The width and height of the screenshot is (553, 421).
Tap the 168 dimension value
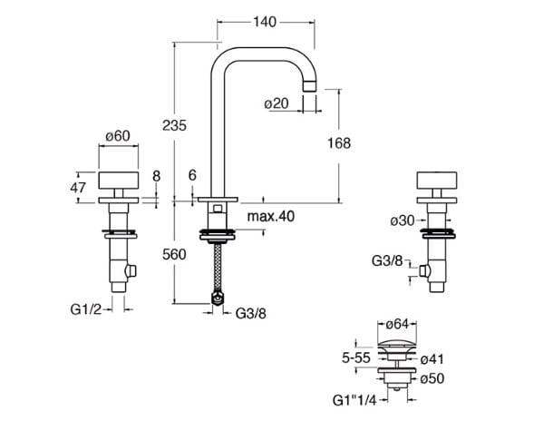click(338, 143)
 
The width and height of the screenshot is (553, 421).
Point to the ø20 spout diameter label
click(276, 103)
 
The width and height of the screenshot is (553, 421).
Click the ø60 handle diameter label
click(118, 135)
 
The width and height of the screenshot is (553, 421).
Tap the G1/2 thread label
click(89, 308)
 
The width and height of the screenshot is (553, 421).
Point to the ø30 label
click(403, 221)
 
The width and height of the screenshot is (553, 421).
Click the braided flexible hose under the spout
click(216, 267)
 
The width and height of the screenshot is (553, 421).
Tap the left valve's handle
click(118, 180)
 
